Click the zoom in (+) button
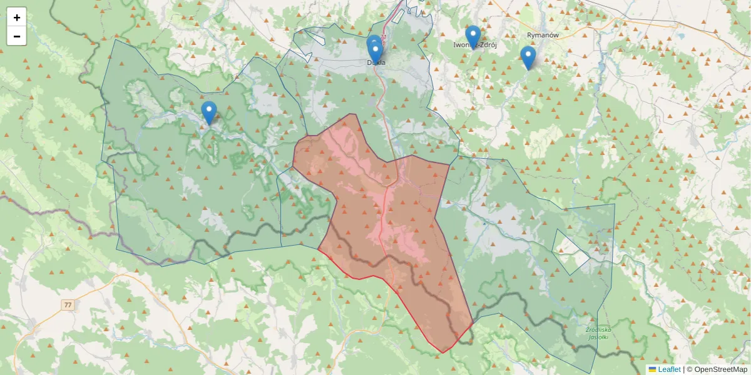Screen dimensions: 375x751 (17, 17)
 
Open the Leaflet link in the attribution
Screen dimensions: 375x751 (669, 369)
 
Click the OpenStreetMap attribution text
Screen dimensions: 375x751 (720, 369)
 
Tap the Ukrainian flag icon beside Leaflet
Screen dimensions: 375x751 (652, 369)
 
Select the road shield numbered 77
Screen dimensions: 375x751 (68, 305)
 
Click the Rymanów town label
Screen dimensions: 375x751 (543, 35)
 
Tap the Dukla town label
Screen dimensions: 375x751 (376, 62)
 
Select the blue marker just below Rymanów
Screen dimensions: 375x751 (528, 57)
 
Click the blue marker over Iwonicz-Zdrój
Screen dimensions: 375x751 (473, 36)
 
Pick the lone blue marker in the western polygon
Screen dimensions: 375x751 (209, 112)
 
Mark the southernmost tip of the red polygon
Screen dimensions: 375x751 (442, 352)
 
